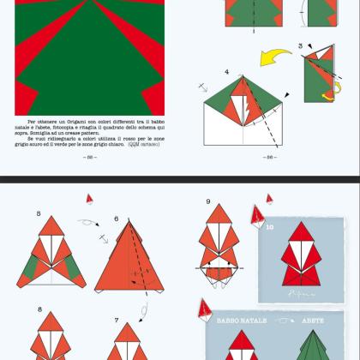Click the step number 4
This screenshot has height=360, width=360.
click(x=227, y=72)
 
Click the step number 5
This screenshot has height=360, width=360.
click(x=39, y=212)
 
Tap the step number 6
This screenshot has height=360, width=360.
click(x=117, y=219)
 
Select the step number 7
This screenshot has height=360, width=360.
click(x=116, y=320)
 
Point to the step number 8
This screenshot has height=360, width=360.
click(x=39, y=309)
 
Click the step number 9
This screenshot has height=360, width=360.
click(x=208, y=202)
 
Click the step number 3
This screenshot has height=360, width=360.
click(x=300, y=45)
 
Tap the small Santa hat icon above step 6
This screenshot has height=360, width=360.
click(x=89, y=199)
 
